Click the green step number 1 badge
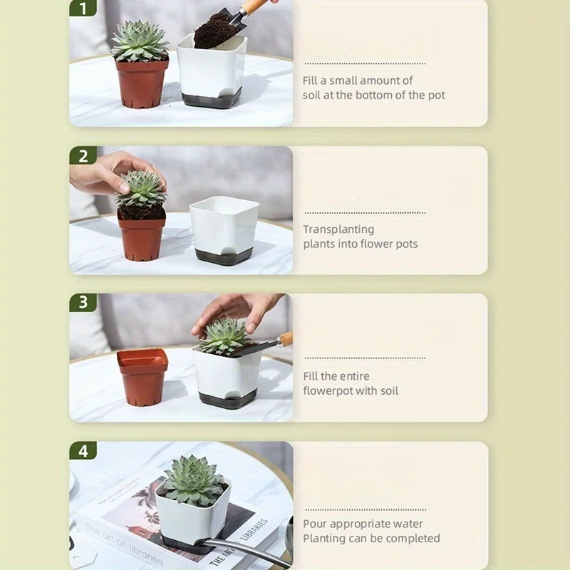tap(83, 8)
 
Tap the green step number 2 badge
tap(83, 155)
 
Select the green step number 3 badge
tap(83, 302)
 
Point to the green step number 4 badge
tap(83, 451)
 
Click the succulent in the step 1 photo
tap(140, 41)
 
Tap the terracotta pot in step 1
tap(142, 83)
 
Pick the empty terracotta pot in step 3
tap(142, 377)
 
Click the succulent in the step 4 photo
tap(195, 480)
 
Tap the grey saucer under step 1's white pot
tap(212, 98)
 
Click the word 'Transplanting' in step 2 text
tap(338, 229)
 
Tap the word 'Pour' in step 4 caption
tap(315, 524)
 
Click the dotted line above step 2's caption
tap(365, 212)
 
